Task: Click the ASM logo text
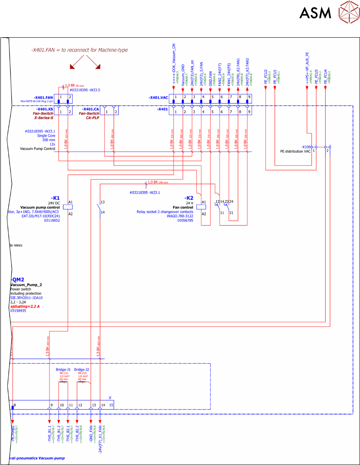pyautogui.click(x=315, y=13)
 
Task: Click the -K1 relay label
pyautogui.click(x=55, y=198)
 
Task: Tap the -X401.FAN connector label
pyautogui.click(x=44, y=98)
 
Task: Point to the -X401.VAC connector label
pyautogui.click(x=158, y=98)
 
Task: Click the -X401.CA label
pyautogui.click(x=91, y=109)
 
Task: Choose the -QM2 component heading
pyautogui.click(x=18, y=280)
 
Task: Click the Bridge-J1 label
pyautogui.click(x=63, y=370)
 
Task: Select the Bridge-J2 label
pyautogui.click(x=82, y=370)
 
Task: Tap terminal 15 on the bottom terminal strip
pyautogui.click(x=111, y=405)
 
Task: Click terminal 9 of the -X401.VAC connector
pyautogui.click(x=249, y=97)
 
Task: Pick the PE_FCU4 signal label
pyautogui.click(x=326, y=77)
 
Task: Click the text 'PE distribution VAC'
pyautogui.click(x=295, y=151)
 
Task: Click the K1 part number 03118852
pyautogui.click(x=52, y=220)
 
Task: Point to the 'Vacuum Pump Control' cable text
pyautogui.click(x=38, y=149)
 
